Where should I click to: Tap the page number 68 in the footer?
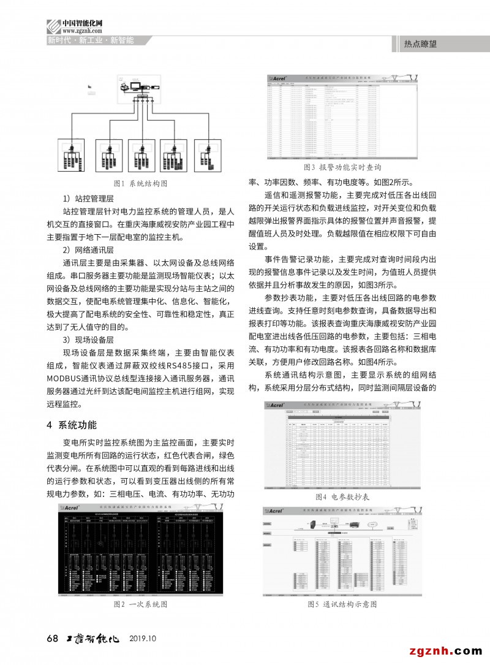tap(52, 638)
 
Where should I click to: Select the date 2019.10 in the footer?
tap(143, 638)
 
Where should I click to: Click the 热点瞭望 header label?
tap(421, 44)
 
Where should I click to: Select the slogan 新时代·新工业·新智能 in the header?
tap(91, 41)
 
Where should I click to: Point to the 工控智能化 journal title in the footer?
tap(92, 638)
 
